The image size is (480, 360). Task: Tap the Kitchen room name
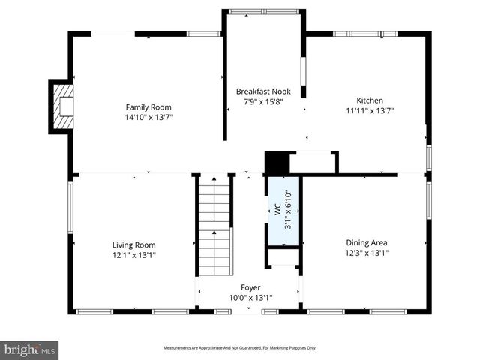pos(369,100)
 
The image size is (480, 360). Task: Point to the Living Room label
pos(134,244)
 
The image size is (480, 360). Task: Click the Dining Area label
pos(367,242)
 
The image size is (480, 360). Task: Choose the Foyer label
pos(250,287)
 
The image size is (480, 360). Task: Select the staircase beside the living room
pos(215,225)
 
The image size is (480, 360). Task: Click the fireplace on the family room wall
pos(63,106)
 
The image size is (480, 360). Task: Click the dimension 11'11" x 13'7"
pos(369,110)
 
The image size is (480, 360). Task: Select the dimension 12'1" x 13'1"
pos(134,254)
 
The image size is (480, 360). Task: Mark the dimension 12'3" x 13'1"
pos(367,253)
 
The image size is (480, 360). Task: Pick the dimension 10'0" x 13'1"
pos(250,297)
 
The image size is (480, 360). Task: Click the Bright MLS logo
pos(30,349)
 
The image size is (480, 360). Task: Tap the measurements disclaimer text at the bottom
pos(240,348)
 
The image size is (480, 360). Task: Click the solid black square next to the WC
pos(276,163)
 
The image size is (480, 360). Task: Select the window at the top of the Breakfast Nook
pos(263,11)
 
